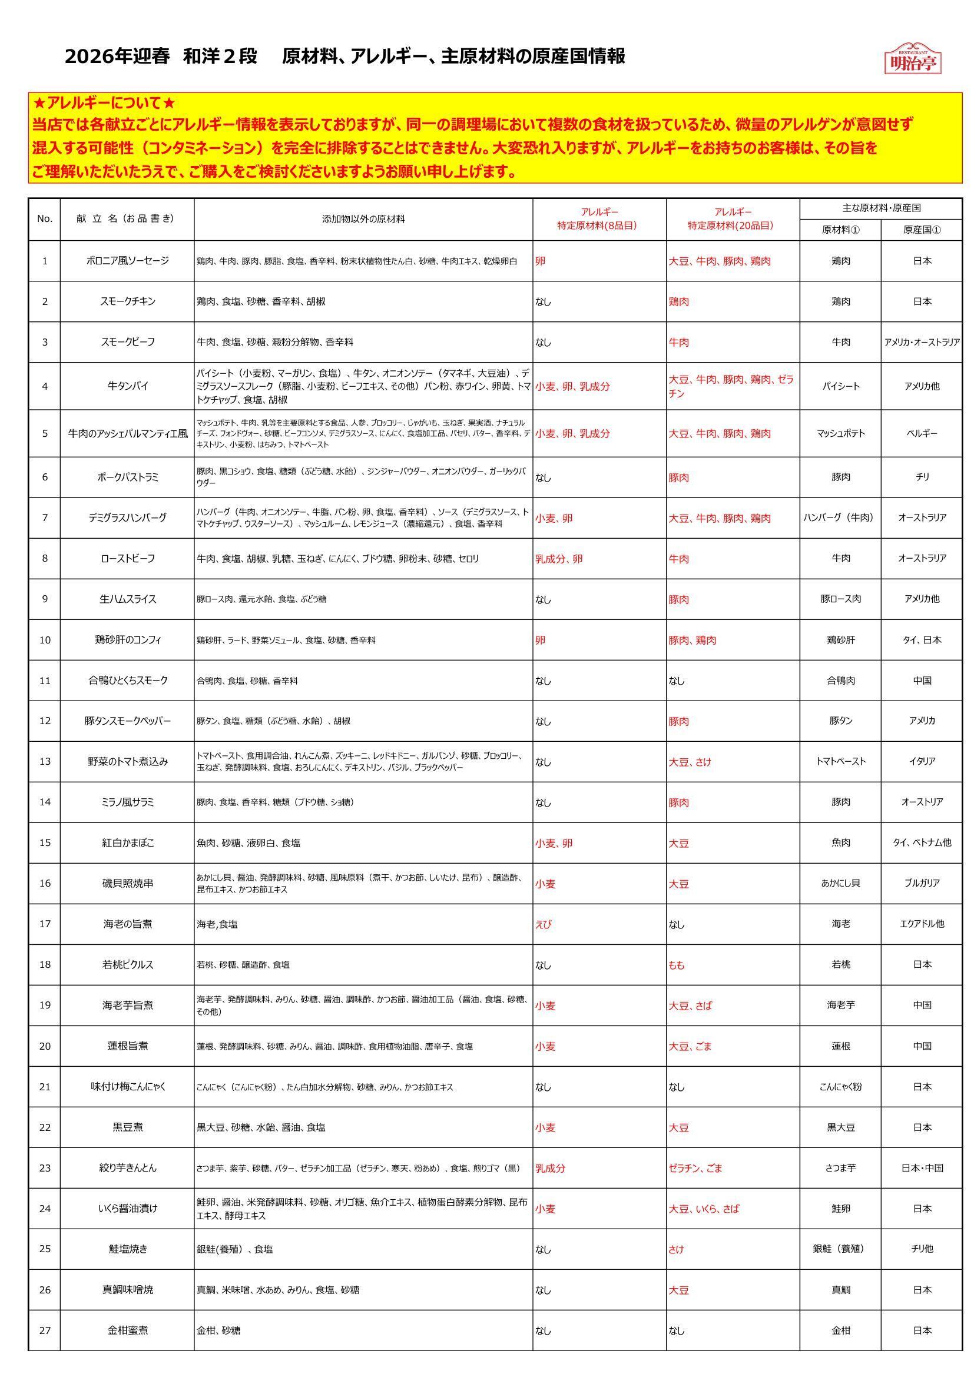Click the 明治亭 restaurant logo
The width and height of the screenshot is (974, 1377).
click(x=912, y=59)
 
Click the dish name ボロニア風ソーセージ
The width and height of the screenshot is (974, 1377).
click(x=127, y=261)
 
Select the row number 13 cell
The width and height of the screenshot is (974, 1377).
click(x=45, y=762)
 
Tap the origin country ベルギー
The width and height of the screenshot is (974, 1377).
click(x=922, y=433)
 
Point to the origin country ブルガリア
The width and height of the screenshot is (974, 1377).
click(x=922, y=883)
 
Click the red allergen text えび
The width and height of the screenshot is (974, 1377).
click(x=543, y=924)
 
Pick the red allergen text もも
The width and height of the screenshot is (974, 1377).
click(x=677, y=965)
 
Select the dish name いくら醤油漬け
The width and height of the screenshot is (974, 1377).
click(x=127, y=1209)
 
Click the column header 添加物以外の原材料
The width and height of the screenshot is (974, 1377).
click(x=363, y=220)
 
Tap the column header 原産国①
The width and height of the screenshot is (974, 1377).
click(x=922, y=230)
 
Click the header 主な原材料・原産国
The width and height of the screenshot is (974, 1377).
click(x=881, y=208)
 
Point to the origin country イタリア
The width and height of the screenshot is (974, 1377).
click(x=922, y=762)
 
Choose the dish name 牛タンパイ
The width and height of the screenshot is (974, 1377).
click(x=127, y=386)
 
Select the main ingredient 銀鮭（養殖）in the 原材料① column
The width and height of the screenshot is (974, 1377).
click(x=841, y=1249)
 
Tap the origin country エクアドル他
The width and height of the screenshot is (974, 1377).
click(x=922, y=924)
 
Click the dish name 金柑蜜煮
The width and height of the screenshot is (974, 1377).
click(x=127, y=1330)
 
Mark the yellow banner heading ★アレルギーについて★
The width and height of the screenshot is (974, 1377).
click(x=104, y=103)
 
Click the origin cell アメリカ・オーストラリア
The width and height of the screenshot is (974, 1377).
click(x=922, y=343)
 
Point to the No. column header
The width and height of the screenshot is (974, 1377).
click(x=45, y=219)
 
